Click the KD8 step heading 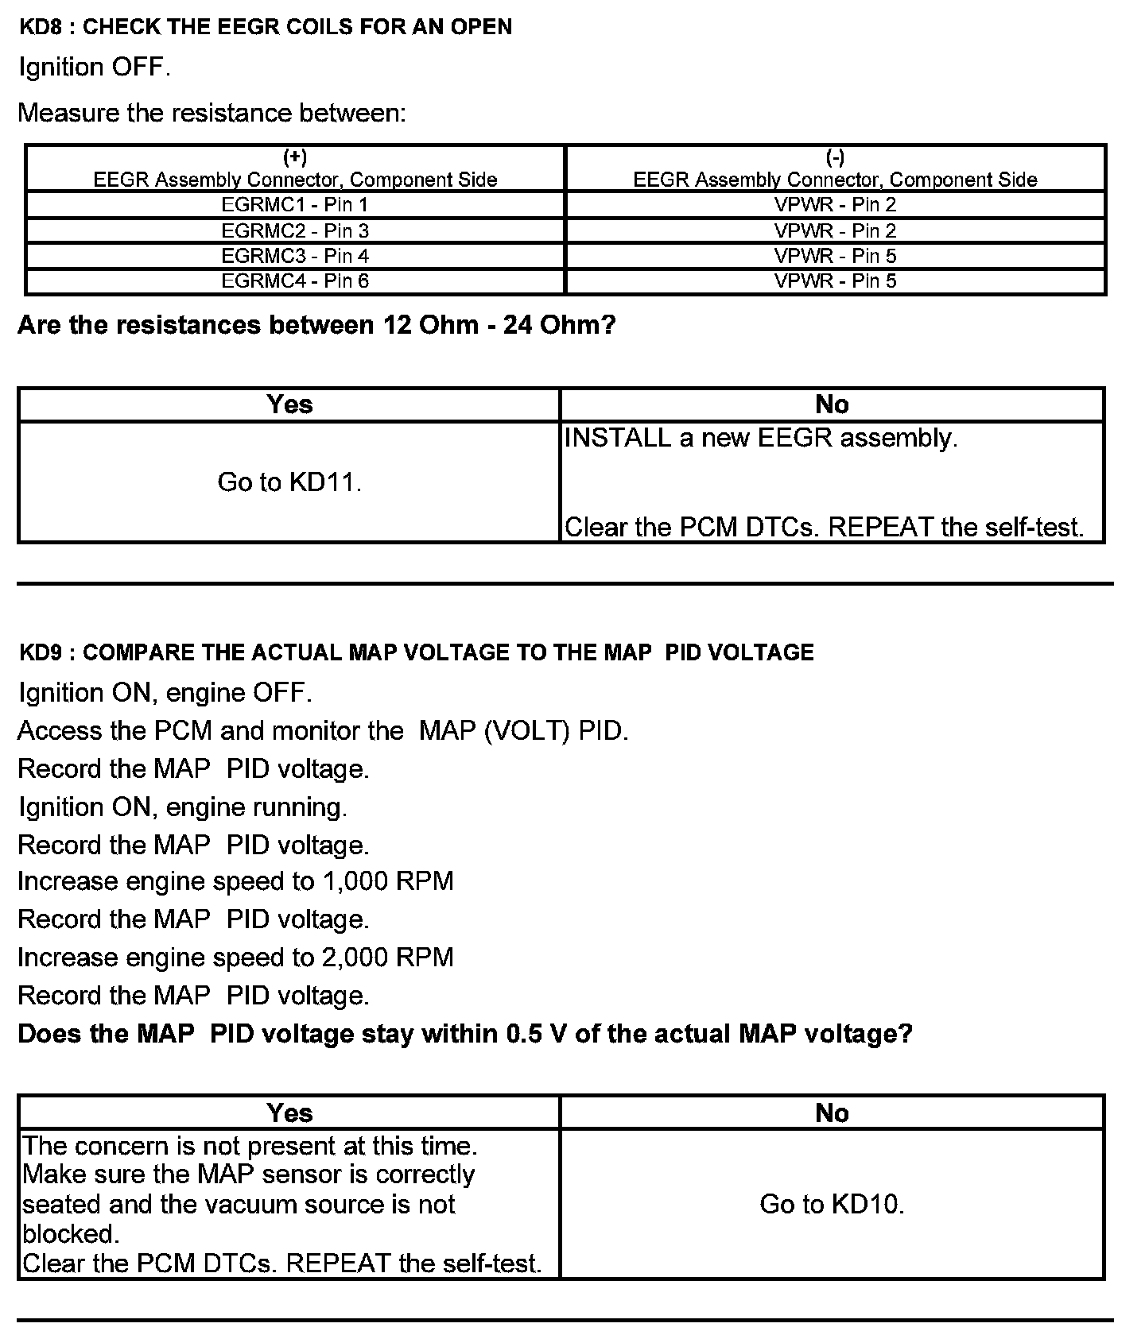point(265,27)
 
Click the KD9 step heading point(416,652)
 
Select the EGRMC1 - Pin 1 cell point(295,205)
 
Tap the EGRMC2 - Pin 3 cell point(295,230)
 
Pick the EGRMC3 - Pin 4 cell point(295,256)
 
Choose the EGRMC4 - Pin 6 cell point(295,281)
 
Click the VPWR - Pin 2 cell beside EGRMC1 point(835,205)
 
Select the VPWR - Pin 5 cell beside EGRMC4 point(835,281)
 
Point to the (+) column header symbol point(295,157)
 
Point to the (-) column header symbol point(835,157)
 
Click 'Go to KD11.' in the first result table point(289,482)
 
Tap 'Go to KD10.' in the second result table point(832,1204)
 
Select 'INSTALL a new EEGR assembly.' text point(760,438)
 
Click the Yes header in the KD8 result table point(289,404)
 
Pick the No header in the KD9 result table point(832,1113)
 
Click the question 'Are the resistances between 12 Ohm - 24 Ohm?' point(316,325)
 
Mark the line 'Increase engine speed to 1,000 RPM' point(235,881)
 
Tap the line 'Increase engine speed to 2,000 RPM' point(235,957)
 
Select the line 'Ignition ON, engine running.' point(183,807)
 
